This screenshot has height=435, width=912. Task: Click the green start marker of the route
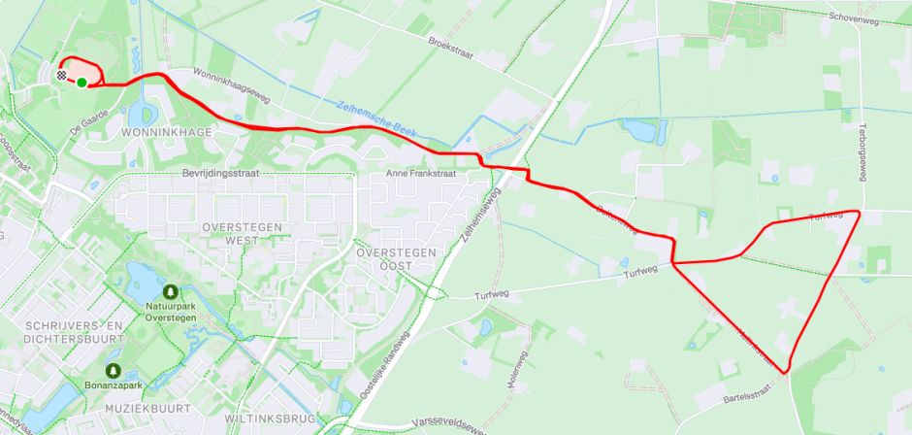82,83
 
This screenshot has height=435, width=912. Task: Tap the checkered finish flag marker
63,75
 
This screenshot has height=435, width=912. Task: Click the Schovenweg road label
854,17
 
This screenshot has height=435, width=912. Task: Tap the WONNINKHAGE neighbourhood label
159,131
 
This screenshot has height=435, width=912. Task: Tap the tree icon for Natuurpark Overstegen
171,291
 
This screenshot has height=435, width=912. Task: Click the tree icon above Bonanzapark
114,370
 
